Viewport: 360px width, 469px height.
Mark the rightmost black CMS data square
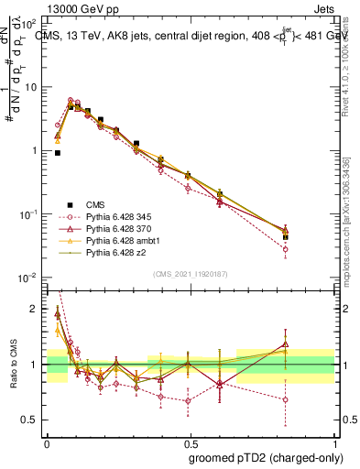(286, 236)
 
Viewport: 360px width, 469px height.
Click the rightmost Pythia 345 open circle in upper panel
(286, 249)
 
